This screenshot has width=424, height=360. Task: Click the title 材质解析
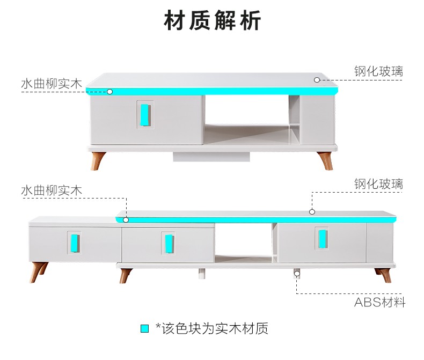(x=213, y=20)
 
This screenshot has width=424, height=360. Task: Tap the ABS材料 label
(x=379, y=302)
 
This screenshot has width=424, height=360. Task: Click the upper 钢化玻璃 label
(x=378, y=71)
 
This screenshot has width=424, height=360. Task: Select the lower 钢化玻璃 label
(x=378, y=184)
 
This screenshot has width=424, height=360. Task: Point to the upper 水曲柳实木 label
(x=52, y=84)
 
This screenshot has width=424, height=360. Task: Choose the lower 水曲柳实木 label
(x=52, y=190)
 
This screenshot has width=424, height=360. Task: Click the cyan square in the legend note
(x=145, y=328)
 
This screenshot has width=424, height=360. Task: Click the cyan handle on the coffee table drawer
(x=145, y=115)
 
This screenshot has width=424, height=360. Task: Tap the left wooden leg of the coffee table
(x=98, y=161)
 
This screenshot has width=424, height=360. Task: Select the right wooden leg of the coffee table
(x=325, y=161)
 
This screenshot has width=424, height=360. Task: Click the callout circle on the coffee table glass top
(x=317, y=80)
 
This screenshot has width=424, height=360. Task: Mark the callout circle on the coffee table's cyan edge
(x=109, y=92)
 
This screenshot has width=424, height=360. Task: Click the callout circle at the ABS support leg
(x=297, y=274)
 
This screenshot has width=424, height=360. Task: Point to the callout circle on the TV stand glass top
(x=312, y=212)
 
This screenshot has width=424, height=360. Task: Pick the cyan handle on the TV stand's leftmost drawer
(x=75, y=243)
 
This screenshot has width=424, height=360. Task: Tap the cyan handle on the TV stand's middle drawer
(x=169, y=244)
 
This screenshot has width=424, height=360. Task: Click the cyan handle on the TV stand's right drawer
(x=322, y=239)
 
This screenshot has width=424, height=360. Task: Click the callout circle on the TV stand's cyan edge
(x=126, y=220)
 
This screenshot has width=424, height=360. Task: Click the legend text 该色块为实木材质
(x=215, y=328)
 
